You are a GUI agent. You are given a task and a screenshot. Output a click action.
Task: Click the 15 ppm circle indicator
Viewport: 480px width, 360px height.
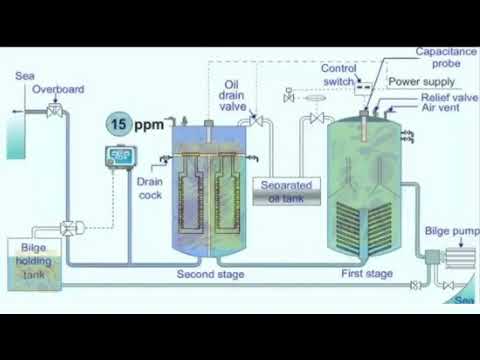click(119, 125)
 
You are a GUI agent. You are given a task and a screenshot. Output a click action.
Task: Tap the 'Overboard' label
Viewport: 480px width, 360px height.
click(57, 89)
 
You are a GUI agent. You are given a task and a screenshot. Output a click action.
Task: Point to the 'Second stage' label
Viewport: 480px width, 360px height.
click(210, 273)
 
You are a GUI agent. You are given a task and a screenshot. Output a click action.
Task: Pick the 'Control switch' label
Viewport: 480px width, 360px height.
click(340, 76)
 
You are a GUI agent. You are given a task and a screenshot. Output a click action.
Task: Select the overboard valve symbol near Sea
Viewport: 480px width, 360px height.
click(56, 111)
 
